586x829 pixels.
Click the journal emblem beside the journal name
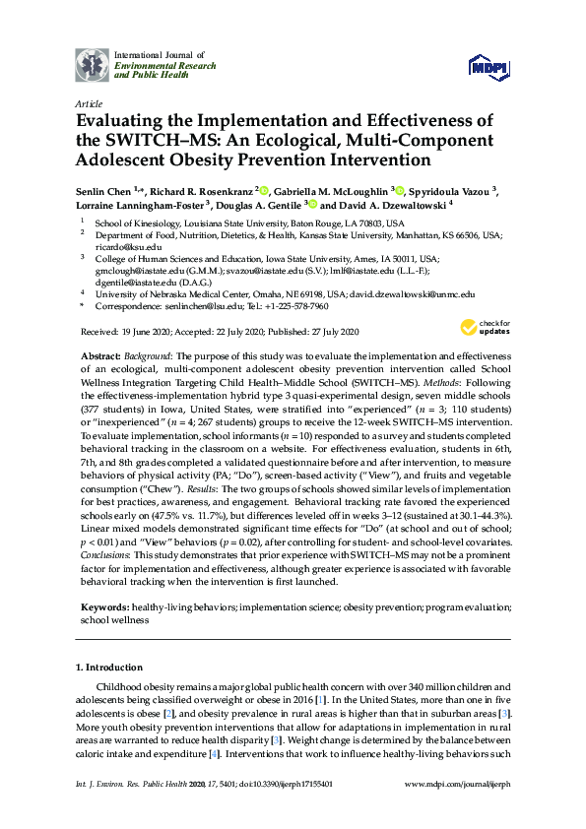pyautogui.click(x=93, y=64)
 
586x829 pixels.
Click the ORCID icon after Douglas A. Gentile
pyautogui.click(x=311, y=205)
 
